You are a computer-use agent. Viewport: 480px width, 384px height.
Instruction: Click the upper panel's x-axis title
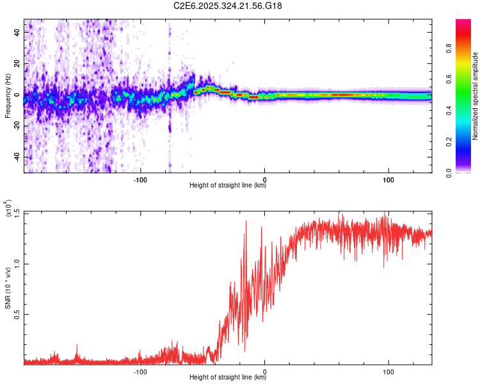pyautogui.click(x=228, y=186)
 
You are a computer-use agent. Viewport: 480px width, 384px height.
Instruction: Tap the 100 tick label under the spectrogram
pyautogui.click(x=388, y=180)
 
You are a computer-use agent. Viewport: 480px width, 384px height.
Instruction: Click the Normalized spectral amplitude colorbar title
pyautogui.click(x=476, y=96)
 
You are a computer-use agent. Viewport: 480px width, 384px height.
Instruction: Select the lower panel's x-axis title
pyautogui.click(x=228, y=378)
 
